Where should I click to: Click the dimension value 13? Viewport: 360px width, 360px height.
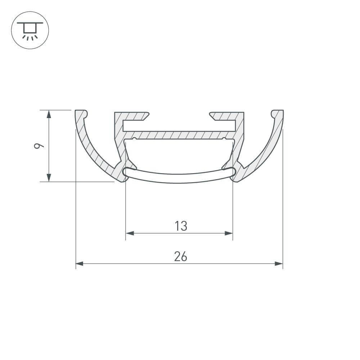click(181, 226)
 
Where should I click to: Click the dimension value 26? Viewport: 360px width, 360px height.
click(180, 257)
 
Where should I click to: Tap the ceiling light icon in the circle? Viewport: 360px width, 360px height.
click(30, 30)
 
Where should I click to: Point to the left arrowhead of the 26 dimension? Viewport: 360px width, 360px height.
click(80, 264)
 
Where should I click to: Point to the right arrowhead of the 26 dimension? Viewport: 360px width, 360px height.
click(279, 264)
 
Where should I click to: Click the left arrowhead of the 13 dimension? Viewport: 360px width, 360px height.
click(130, 233)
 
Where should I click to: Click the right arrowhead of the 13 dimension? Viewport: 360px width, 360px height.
click(229, 233)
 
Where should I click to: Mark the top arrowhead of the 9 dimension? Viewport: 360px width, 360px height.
click(49, 114)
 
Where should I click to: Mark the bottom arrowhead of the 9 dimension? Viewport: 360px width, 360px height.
click(49, 177)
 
